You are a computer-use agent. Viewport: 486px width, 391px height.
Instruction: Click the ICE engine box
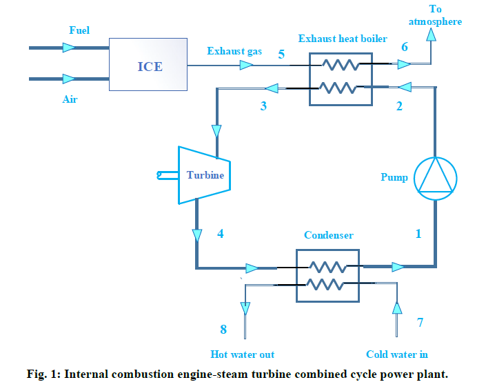(x=148, y=66)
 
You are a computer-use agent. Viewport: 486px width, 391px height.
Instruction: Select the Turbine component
(x=204, y=175)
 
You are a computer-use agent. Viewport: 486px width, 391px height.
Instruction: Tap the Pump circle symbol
(x=434, y=177)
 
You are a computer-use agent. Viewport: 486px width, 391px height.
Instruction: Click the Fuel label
(x=79, y=30)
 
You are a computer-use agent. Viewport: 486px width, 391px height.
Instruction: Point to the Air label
(x=70, y=99)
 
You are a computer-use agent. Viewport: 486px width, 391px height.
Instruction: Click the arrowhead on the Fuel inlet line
(x=68, y=48)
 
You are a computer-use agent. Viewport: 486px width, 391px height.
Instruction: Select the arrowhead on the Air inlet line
(x=68, y=79)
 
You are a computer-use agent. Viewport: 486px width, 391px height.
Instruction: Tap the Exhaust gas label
(x=234, y=51)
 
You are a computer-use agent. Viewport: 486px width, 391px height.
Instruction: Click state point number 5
(x=281, y=54)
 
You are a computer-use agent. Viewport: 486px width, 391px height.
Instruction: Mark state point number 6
(x=405, y=47)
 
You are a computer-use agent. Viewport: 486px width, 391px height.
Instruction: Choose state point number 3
(x=263, y=106)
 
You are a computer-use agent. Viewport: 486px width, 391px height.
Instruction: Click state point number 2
(x=398, y=106)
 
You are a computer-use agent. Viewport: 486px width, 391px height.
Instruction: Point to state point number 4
(x=221, y=234)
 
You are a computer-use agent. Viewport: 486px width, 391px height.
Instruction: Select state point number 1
(x=418, y=234)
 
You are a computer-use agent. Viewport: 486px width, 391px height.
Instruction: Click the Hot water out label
(x=243, y=354)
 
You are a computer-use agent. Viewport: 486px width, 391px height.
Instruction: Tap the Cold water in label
(x=397, y=354)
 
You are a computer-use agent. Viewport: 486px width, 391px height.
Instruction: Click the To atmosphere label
(x=435, y=16)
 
